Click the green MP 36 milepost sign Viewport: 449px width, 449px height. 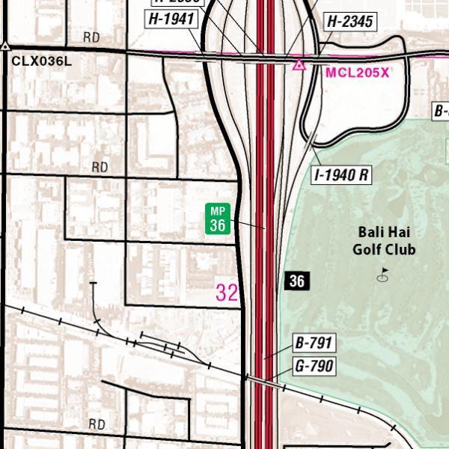tap(218, 219)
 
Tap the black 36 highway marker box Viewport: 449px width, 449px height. tap(297, 281)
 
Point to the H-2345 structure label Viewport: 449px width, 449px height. tap(349, 22)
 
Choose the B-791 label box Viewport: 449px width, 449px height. tap(314, 343)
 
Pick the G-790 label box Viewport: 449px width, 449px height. tap(314, 366)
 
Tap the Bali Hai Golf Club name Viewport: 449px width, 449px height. tap(385, 240)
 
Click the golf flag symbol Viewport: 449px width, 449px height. tap(384, 275)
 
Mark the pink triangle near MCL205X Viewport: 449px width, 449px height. tap(299, 65)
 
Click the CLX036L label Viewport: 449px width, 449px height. tap(42, 61)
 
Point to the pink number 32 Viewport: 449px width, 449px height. tap(227, 292)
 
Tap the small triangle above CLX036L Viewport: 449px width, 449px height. tap(5, 46)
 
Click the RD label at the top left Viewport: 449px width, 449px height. tap(91, 37)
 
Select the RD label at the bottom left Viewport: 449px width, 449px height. tap(97, 424)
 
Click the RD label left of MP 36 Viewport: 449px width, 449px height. tap(100, 167)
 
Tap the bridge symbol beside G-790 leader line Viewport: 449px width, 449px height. tap(264, 382)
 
